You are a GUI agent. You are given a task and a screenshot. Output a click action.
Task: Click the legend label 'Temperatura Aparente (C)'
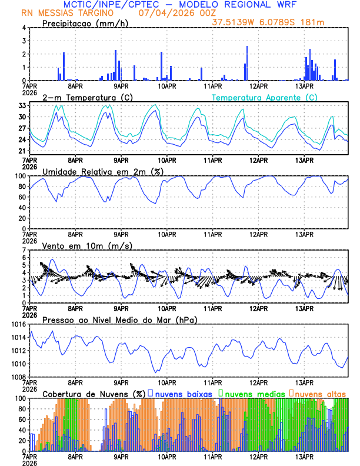click(265, 97)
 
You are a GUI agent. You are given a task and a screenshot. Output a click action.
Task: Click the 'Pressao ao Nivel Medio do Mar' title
click(119, 319)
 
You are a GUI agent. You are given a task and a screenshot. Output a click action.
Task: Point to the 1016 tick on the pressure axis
click(18, 324)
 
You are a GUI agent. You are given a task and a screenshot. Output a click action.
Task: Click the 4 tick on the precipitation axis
click(24, 28)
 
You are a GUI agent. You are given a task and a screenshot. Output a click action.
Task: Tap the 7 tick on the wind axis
click(24, 250)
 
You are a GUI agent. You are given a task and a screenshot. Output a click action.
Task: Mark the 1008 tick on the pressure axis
click(18, 377)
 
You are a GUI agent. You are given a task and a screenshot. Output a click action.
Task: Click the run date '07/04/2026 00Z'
click(169, 13)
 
